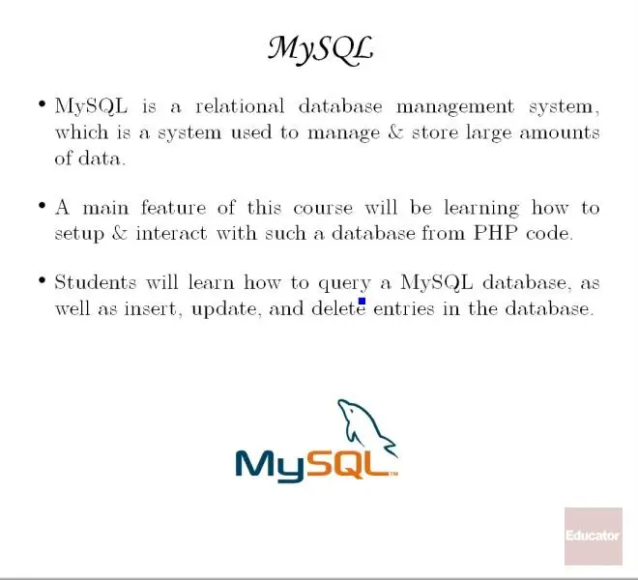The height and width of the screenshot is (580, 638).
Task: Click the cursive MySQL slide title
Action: [320, 50]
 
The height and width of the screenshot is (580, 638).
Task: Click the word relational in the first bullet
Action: [240, 106]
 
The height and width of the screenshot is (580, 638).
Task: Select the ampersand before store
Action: [395, 132]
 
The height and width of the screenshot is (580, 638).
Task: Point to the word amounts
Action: [560, 133]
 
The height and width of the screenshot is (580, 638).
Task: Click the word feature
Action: [173, 207]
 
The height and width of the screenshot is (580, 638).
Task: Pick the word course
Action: [323, 209]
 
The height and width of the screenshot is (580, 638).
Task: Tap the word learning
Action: [481, 209]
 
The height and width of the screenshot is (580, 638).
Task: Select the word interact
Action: [171, 233]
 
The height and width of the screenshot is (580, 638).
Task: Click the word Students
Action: [95, 282]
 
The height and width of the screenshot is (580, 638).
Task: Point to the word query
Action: [345, 284]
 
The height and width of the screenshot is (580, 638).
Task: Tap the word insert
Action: [151, 309]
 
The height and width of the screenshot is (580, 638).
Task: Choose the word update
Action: [224, 309]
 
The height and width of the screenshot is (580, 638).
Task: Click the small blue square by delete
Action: [362, 302]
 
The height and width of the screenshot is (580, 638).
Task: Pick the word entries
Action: [404, 308]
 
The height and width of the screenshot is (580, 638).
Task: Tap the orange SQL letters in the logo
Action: [347, 464]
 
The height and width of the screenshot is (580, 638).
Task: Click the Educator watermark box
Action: [594, 536]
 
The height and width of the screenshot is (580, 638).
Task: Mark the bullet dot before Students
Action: [42, 280]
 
